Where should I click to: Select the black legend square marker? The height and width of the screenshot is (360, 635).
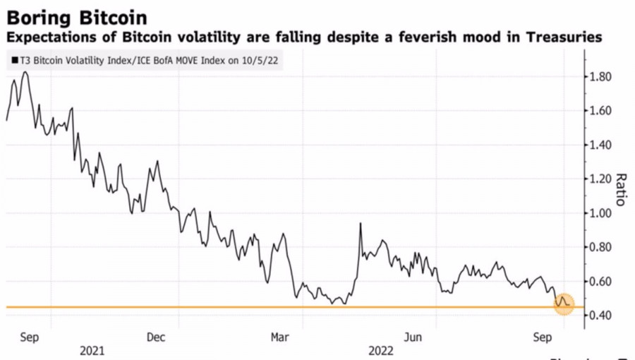tap(15, 61)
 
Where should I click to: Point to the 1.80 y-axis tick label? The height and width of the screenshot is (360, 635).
tap(605, 77)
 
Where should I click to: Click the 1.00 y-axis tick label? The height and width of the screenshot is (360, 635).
tap(605, 213)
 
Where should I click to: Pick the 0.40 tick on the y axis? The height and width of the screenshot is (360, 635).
tap(605, 316)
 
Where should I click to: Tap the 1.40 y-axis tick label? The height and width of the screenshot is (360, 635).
tap(605, 145)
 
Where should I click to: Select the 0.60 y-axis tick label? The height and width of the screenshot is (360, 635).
tap(605, 282)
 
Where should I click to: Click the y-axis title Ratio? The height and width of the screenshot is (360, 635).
tap(621, 189)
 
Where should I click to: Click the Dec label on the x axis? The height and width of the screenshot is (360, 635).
tap(157, 337)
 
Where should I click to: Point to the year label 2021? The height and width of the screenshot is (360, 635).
tap(92, 350)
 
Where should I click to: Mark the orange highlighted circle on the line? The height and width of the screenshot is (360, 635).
tap(564, 304)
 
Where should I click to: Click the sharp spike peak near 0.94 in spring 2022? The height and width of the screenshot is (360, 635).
tap(361, 224)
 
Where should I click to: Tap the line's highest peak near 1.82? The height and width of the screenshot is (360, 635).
tap(25, 72)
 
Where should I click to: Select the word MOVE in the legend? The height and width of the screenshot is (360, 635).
tap(196, 61)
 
